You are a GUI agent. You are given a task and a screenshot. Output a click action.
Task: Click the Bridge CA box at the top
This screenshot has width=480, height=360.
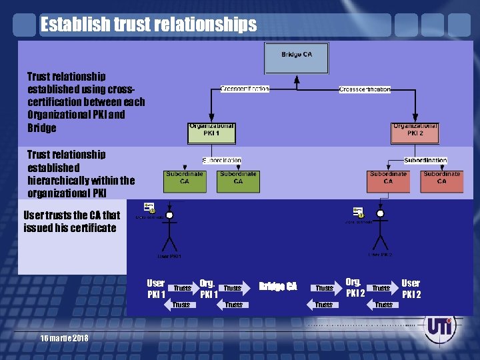[297, 58]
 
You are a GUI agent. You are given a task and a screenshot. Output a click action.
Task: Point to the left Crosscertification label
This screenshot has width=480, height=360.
[245, 89]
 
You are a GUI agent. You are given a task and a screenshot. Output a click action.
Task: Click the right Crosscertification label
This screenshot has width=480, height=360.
[365, 89]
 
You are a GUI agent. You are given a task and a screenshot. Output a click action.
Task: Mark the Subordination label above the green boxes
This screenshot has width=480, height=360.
[222, 161]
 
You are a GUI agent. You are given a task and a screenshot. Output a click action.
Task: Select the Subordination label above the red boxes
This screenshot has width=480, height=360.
[425, 161]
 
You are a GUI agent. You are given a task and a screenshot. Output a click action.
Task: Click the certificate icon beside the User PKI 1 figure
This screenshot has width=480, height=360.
[150, 207]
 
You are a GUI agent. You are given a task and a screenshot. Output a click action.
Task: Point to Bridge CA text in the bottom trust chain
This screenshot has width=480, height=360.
[278, 287]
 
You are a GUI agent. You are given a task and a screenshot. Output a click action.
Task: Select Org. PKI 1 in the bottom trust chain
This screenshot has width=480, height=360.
[208, 288]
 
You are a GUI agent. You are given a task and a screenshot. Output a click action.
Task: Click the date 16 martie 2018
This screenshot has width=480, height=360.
[64, 339]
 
